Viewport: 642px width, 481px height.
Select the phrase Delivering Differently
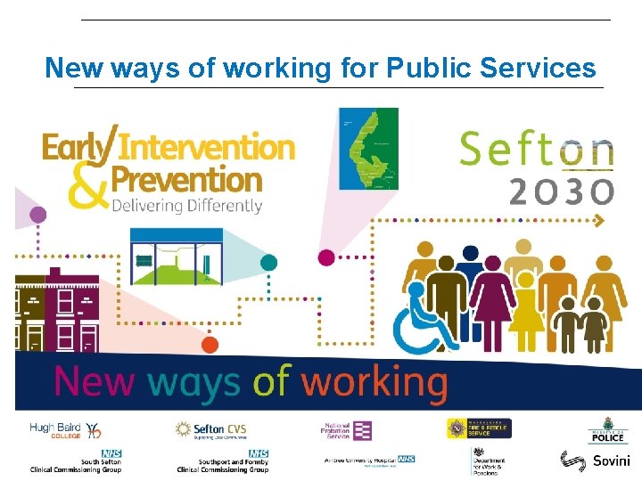click(x=187, y=205)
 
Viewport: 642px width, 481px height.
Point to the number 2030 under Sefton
click(x=561, y=191)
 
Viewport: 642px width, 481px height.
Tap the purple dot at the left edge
click(x=38, y=215)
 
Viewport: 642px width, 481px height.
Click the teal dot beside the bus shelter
click(x=268, y=262)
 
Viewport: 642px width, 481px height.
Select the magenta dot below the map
click(x=326, y=258)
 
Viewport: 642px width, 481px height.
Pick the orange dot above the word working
click(x=210, y=344)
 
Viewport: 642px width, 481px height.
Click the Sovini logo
click(x=595, y=461)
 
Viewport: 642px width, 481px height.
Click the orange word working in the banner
click(x=374, y=383)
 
